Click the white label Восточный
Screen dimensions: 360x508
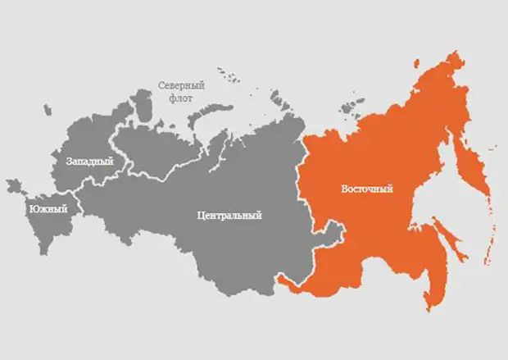[x=366, y=189]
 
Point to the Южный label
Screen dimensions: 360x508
[x=48, y=209]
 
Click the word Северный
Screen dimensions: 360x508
[x=181, y=85]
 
